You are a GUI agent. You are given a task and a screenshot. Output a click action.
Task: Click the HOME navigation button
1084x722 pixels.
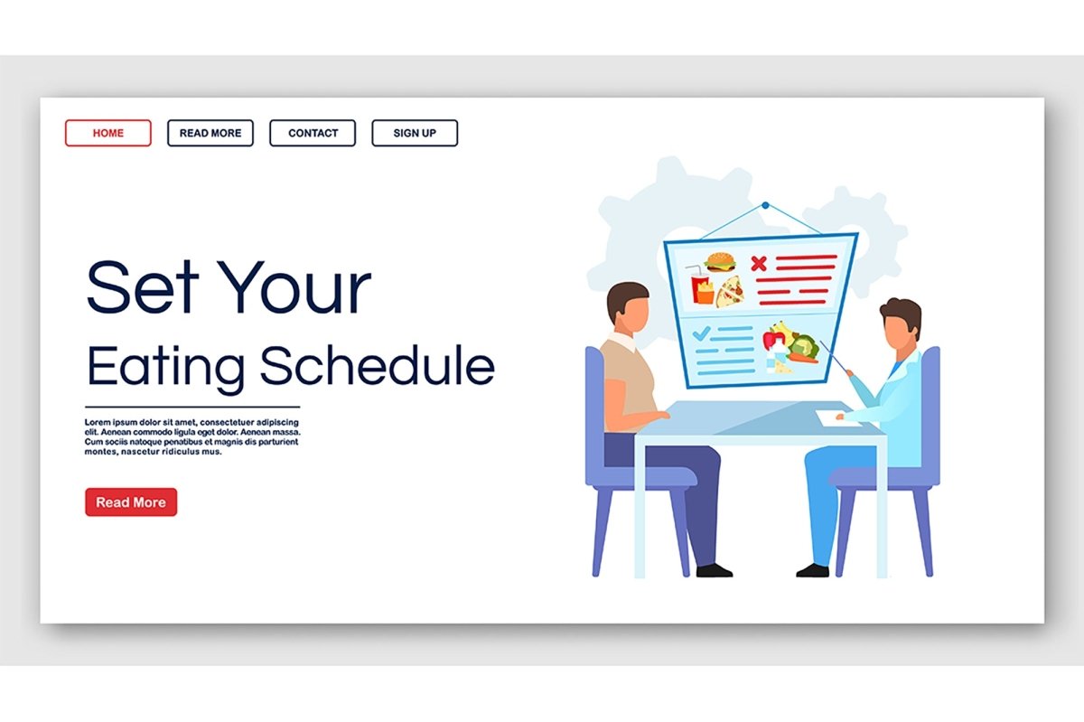107,133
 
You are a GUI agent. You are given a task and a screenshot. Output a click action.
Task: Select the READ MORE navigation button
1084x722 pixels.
210,133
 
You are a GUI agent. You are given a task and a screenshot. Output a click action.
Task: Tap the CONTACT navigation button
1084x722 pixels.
313,133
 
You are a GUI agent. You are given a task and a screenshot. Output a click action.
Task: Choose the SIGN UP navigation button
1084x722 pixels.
415,133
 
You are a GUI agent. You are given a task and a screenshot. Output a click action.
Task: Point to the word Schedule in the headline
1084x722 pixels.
378,365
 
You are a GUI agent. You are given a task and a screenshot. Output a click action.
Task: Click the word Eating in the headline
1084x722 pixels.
165,369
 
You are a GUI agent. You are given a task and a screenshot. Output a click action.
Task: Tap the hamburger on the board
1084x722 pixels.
720,261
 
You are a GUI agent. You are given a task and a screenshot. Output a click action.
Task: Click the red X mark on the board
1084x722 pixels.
758,263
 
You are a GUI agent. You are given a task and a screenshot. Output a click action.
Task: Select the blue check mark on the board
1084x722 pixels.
701,333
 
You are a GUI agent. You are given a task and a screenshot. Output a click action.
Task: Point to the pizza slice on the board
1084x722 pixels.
730,292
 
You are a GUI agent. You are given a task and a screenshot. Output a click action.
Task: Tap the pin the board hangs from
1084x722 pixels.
765,205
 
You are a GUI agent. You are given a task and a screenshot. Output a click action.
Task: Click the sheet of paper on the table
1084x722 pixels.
837,417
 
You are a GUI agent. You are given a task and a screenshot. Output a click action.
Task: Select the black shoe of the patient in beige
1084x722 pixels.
714,570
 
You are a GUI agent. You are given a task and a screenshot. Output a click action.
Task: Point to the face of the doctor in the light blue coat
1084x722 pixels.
898,333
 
